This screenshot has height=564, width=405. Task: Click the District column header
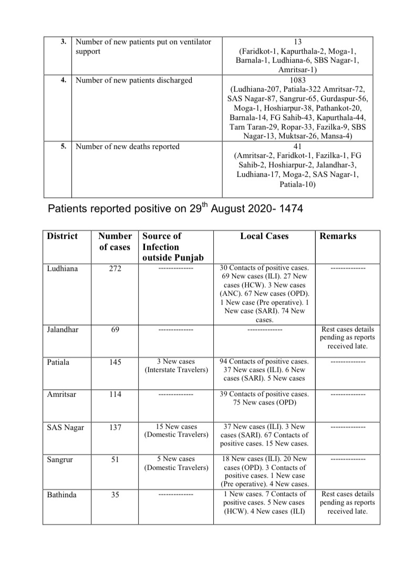[63, 236]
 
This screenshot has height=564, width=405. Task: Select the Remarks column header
[338, 236]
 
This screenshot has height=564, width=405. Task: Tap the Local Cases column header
[264, 236]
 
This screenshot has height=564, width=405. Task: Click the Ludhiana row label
[63, 269]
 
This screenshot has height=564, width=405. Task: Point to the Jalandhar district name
[63, 330]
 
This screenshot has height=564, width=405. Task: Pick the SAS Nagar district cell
[65, 428]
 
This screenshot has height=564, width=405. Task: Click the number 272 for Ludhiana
[115, 269]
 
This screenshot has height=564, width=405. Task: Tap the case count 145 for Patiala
[115, 362]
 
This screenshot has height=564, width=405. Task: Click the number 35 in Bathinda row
[115, 495]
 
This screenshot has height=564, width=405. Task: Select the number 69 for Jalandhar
[115, 330]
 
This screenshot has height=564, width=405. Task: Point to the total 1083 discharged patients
[298, 80]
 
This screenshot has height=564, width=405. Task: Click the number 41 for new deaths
[298, 147]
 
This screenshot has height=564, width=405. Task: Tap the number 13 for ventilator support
[298, 42]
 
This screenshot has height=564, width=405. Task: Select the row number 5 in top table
[63, 147]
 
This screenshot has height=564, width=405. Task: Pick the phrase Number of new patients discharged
[134, 80]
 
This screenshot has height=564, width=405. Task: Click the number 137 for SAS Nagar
[115, 428]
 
